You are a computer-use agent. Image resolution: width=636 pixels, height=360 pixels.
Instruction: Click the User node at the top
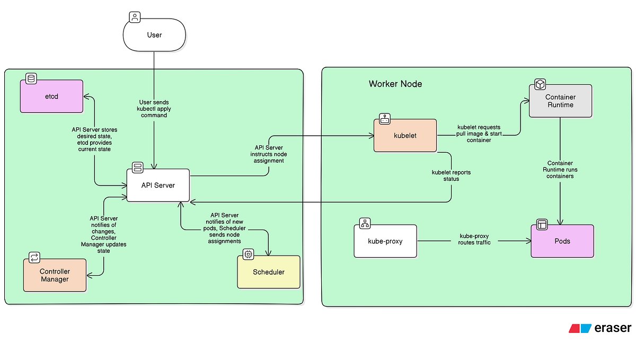tap(154, 36)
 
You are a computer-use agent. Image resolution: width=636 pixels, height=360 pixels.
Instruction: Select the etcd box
tap(51, 96)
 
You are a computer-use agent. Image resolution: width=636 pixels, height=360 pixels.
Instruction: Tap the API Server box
tap(157, 185)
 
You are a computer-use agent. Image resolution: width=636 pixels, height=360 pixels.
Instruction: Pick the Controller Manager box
tap(55, 275)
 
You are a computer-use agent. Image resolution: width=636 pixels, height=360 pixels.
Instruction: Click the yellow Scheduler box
tap(268, 272)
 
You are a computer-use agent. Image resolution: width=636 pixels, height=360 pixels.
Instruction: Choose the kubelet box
tap(406, 136)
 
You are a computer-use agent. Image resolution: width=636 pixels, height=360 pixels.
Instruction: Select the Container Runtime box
tap(560, 101)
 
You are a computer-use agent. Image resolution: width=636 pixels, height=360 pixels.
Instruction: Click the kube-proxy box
tap(385, 241)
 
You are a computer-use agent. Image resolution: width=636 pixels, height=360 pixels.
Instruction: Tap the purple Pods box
tap(562, 241)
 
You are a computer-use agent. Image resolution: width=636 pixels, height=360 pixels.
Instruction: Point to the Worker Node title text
tap(395, 84)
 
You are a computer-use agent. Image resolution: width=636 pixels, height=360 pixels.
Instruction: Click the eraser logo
tap(600, 328)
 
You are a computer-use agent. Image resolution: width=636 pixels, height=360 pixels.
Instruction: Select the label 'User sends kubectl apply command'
tap(154, 108)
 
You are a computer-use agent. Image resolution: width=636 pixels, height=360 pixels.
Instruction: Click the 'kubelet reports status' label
tap(451, 175)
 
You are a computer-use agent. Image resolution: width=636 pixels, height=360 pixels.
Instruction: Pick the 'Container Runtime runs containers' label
tap(560, 170)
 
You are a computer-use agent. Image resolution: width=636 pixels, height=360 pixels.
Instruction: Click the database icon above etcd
tap(31, 79)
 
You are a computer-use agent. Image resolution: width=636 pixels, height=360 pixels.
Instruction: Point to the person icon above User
tap(135, 17)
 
